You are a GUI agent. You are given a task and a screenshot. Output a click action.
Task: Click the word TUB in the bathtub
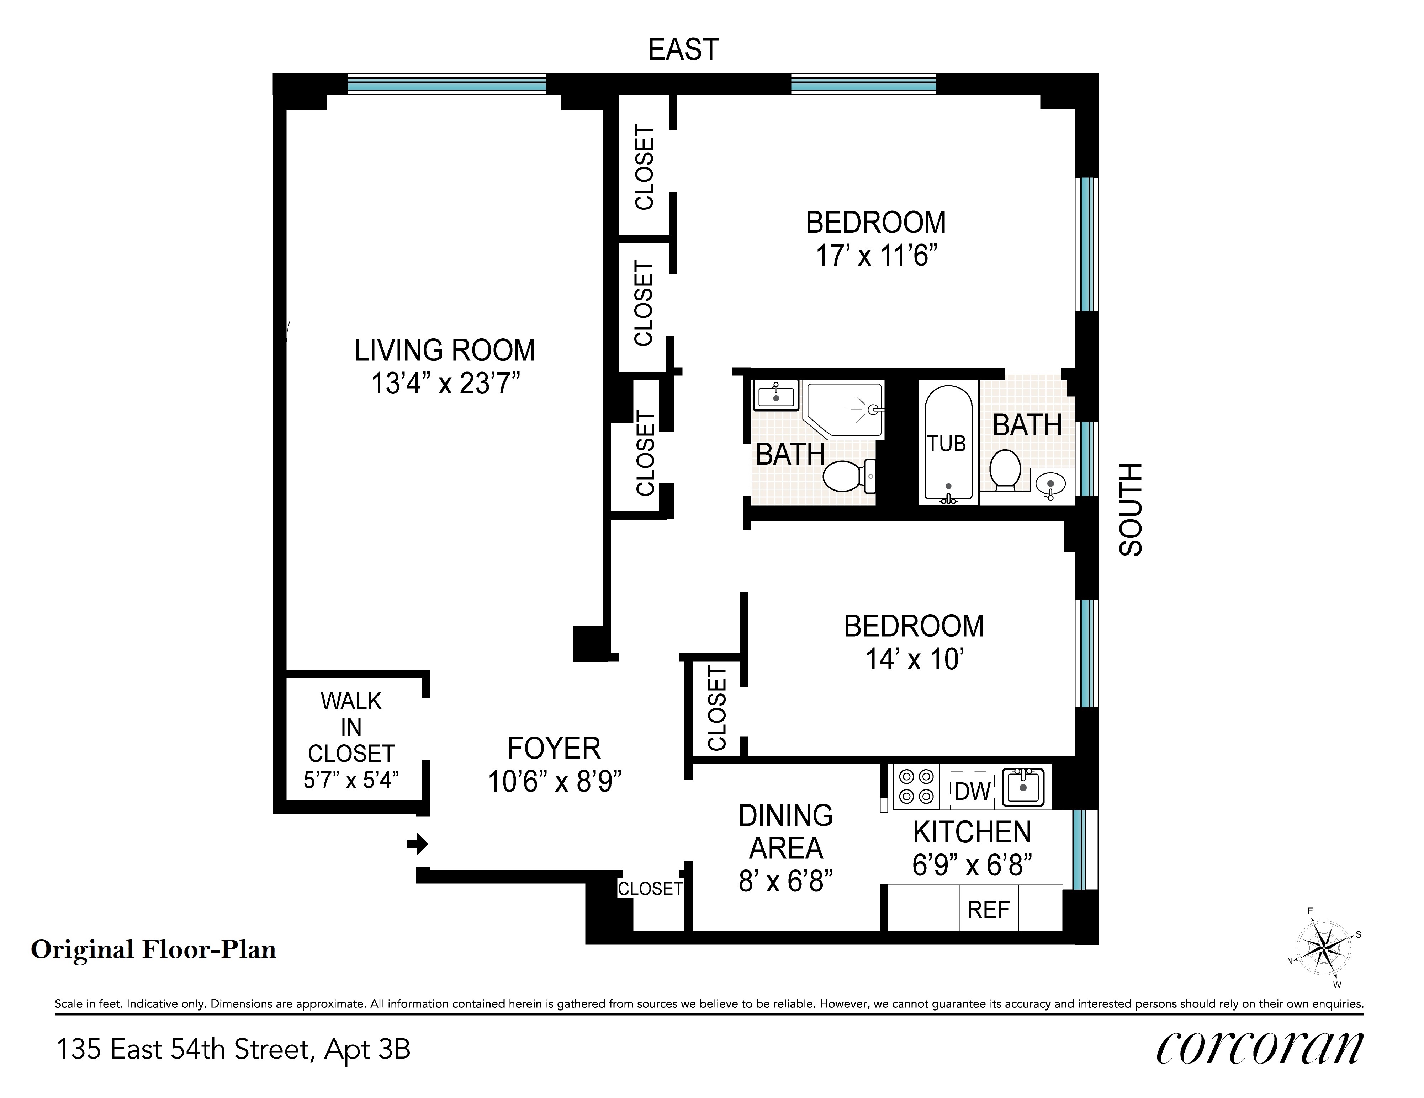947,444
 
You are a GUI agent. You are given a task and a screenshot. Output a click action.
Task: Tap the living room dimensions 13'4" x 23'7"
445,383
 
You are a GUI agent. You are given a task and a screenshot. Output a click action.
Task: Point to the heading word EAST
683,49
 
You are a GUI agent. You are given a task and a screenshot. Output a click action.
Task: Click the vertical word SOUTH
1131,510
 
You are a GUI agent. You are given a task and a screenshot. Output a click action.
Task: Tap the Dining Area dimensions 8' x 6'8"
786,881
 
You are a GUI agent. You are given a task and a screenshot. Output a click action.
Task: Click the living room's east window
447,84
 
